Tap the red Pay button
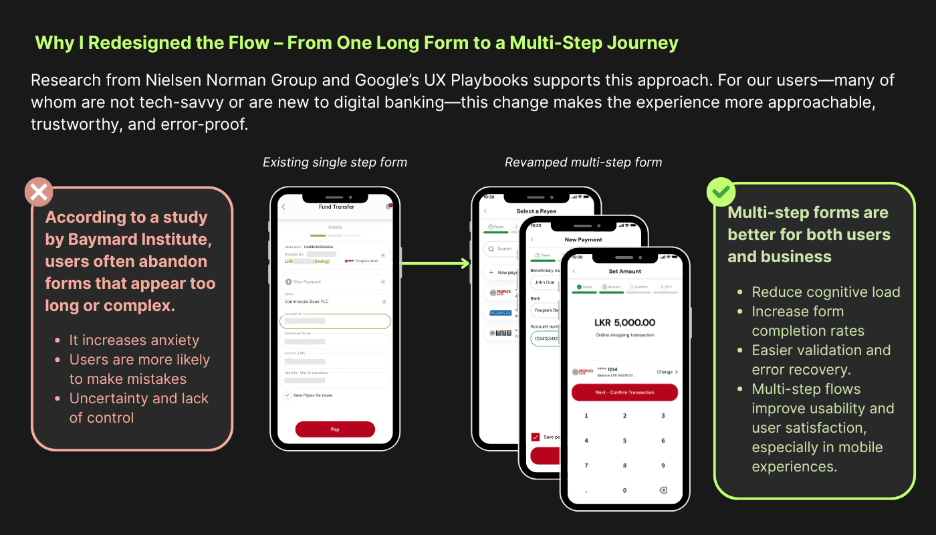335,429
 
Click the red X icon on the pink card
39,192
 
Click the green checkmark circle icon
721,193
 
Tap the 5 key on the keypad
625,441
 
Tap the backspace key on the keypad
663,490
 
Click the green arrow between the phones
435,263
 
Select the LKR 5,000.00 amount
624,322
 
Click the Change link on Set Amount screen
667,372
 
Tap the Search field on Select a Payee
503,249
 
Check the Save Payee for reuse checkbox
287,395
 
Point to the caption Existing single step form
334,163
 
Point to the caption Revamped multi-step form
583,163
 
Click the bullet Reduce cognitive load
826,292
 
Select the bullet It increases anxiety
134,340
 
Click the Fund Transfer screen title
336,207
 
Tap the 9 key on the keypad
663,465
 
